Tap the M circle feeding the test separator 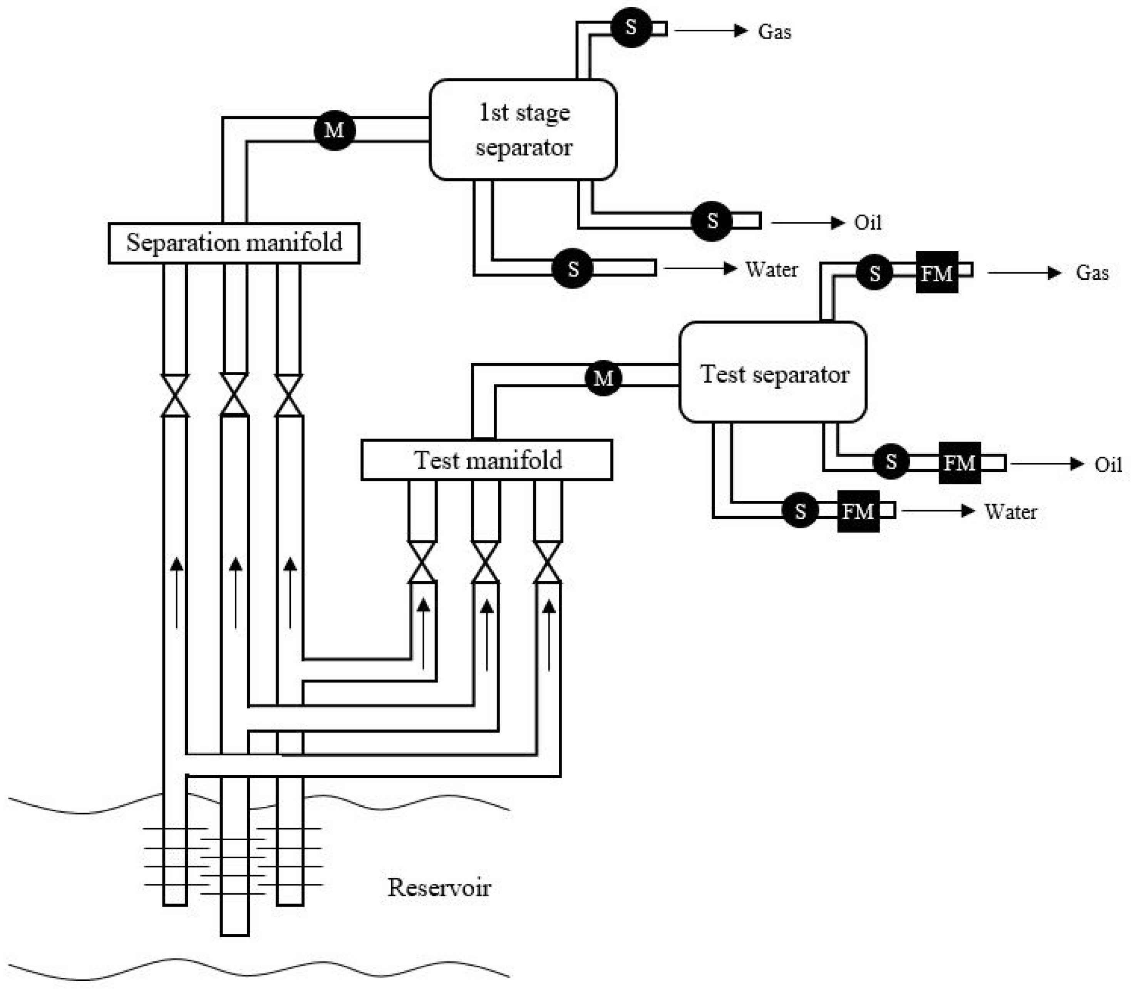(x=603, y=378)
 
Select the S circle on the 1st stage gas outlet (x=631, y=27)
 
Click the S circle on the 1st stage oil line (x=712, y=221)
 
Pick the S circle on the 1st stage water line (x=573, y=269)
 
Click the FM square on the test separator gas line (x=937, y=272)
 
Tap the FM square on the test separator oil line (x=960, y=463)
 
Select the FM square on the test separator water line (x=858, y=511)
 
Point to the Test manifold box (x=487, y=460)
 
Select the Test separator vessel (x=773, y=373)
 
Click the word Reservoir (x=439, y=887)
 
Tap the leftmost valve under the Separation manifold (x=175, y=395)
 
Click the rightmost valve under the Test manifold (x=548, y=562)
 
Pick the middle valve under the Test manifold (x=485, y=562)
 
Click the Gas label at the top (x=774, y=32)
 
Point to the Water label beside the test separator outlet (x=1010, y=512)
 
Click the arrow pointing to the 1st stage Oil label (x=808, y=223)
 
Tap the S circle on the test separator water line (x=800, y=510)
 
